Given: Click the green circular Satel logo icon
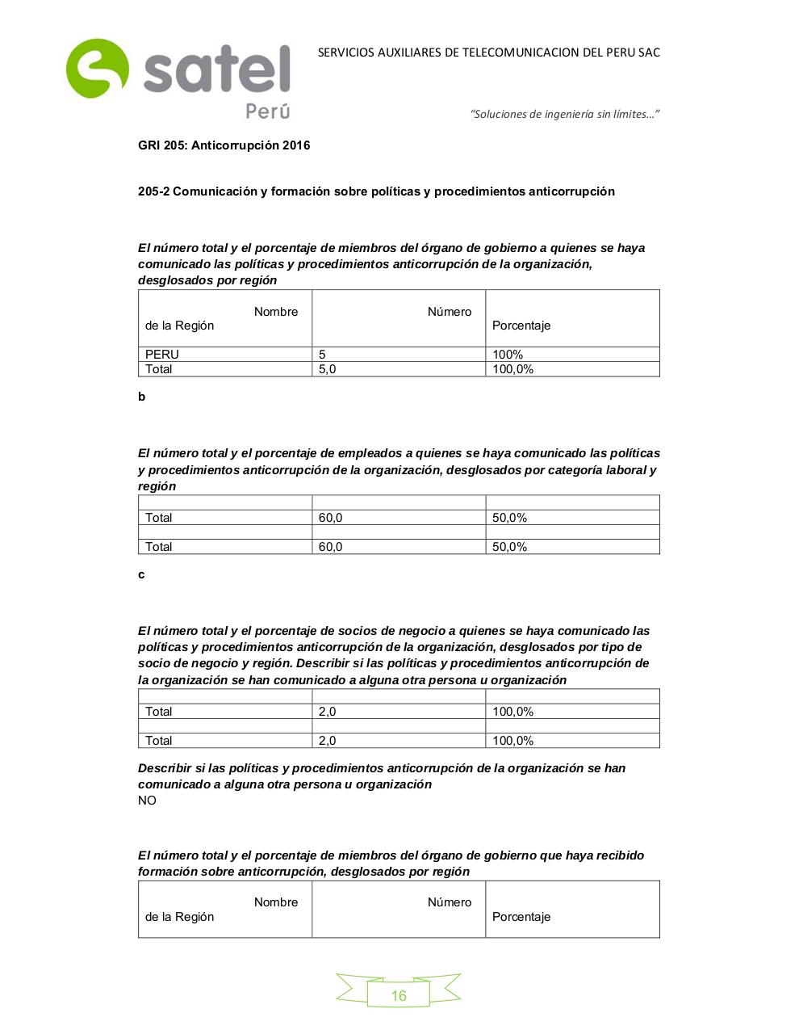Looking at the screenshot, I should point(97,69).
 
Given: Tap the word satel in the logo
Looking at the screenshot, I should point(216,70).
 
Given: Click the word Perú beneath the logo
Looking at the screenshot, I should point(267,111).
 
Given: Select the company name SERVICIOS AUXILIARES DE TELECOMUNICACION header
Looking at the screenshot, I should point(488,53).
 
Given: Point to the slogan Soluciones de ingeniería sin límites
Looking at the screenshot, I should point(565,114).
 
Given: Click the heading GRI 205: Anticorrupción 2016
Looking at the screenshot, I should point(224,145).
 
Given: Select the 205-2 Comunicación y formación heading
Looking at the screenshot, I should point(376,191).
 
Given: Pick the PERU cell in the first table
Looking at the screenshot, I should point(162,355).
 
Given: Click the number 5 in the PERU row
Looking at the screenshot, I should point(322,355).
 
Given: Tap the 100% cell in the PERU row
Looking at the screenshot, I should point(508,355).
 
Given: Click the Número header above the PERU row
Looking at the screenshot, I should point(450,312).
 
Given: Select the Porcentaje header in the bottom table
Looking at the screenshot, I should point(521,917).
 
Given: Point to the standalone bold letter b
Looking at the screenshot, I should point(142,397).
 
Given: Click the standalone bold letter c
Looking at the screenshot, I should point(141,574).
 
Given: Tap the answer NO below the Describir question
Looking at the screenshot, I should point(147,801).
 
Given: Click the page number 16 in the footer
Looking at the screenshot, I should point(399,995).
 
